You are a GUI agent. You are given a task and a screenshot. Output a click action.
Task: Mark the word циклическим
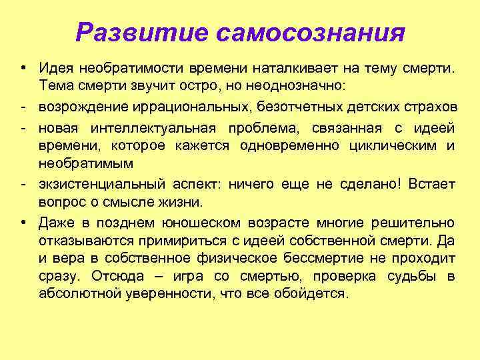click(389, 145)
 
